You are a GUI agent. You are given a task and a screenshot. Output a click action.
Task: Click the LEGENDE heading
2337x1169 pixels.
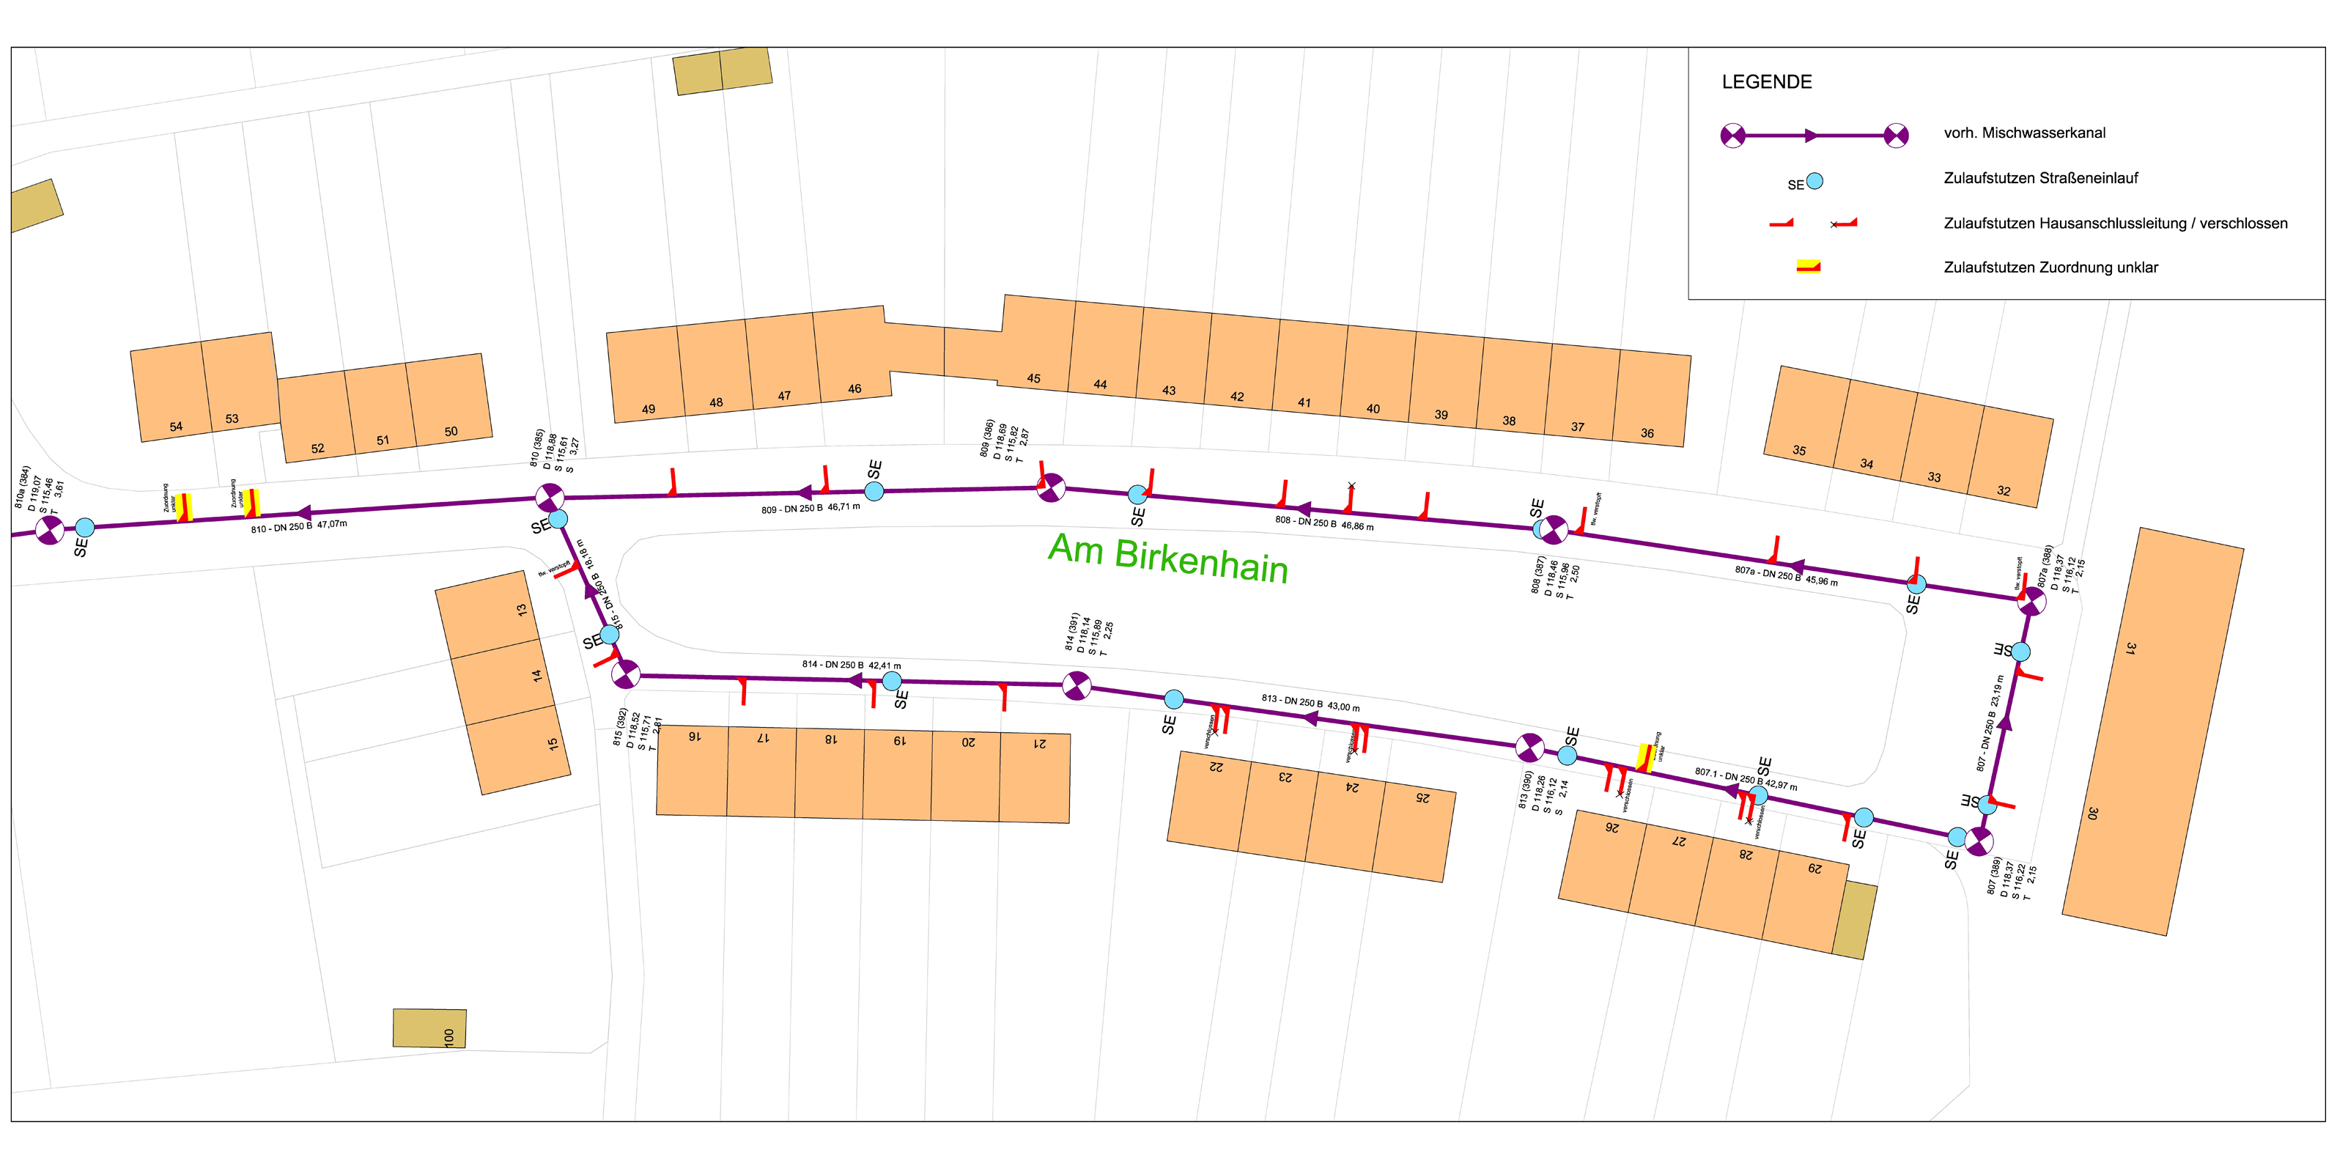pyautogui.click(x=1766, y=81)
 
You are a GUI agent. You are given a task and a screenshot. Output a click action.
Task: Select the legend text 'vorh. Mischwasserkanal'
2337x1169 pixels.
pyautogui.click(x=2024, y=133)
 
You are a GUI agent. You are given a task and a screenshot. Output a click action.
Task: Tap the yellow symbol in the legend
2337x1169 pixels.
pyautogui.click(x=1808, y=266)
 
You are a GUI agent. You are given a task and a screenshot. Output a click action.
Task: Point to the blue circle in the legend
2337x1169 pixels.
pyautogui.click(x=1814, y=180)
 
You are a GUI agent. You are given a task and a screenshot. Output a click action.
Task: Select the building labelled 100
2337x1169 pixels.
pyautogui.click(x=430, y=1028)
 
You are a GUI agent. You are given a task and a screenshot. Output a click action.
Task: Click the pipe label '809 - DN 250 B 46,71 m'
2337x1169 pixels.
pyautogui.click(x=811, y=508)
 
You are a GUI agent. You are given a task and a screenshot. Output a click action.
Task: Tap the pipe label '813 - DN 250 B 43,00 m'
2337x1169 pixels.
pyautogui.click(x=1310, y=702)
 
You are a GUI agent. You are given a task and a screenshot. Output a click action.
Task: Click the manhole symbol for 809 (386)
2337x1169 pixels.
pyautogui.click(x=1051, y=487)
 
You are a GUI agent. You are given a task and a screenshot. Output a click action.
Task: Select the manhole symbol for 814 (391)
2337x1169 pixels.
pyautogui.click(x=1076, y=685)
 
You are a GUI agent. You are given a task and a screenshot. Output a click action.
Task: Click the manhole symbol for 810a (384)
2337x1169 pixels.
pyautogui.click(x=49, y=530)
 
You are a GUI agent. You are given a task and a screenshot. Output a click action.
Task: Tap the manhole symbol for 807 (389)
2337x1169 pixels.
pyautogui.click(x=1979, y=841)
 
